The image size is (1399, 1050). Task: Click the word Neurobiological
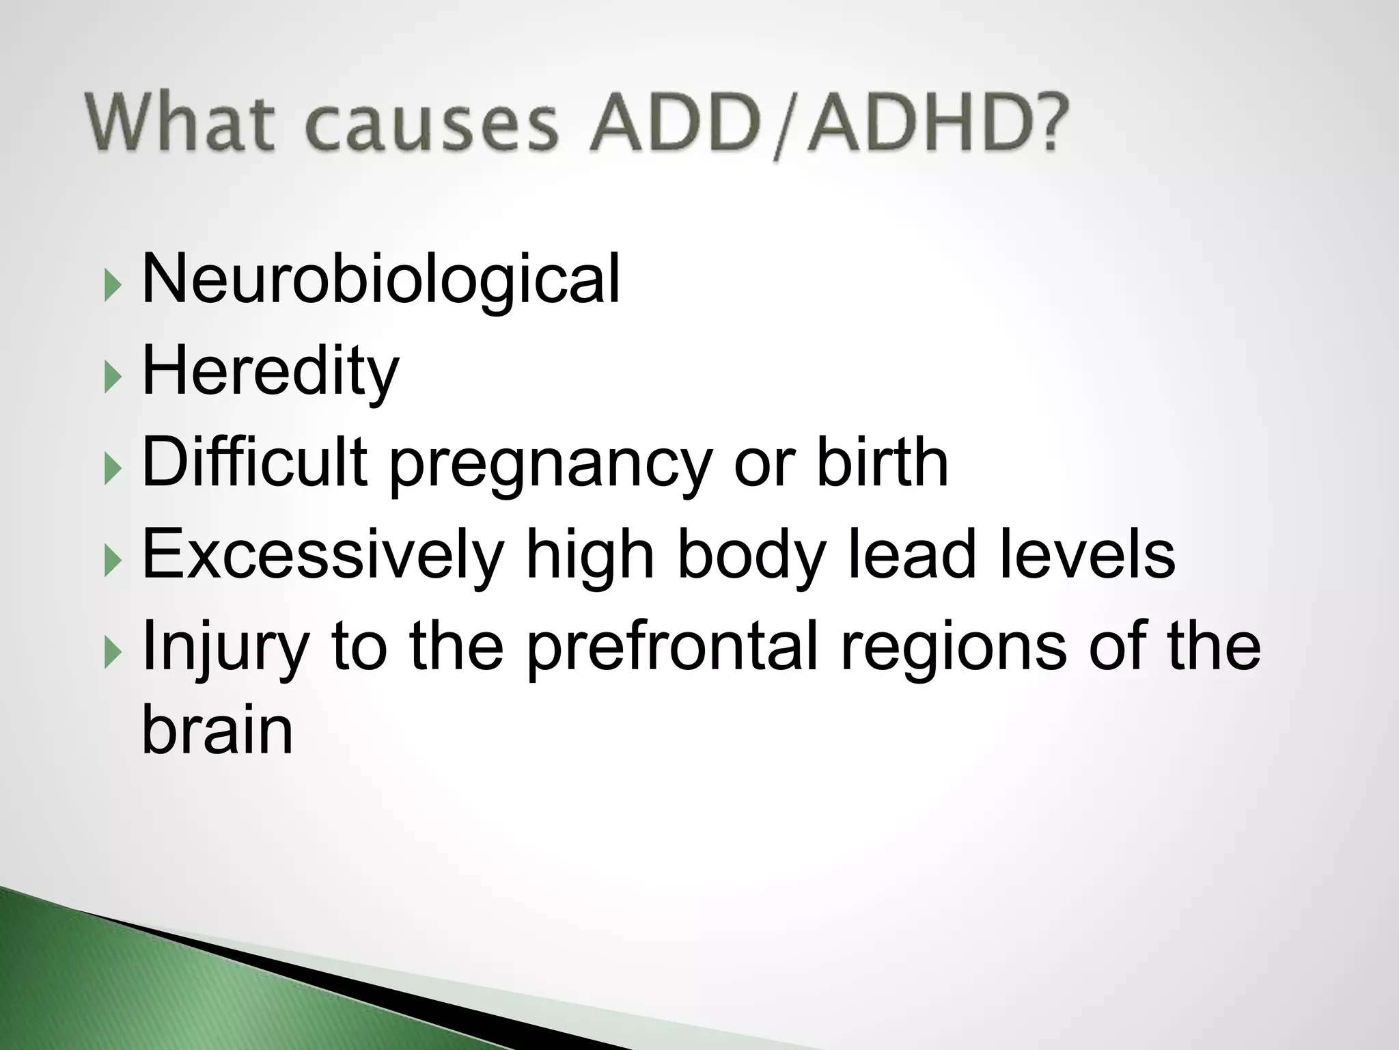tap(380, 280)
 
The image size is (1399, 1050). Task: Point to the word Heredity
tap(270, 373)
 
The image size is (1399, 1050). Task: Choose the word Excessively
tap(322, 555)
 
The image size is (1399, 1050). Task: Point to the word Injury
tap(225, 648)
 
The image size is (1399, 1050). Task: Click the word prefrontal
tap(672, 648)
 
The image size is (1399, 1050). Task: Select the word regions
tap(953, 649)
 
